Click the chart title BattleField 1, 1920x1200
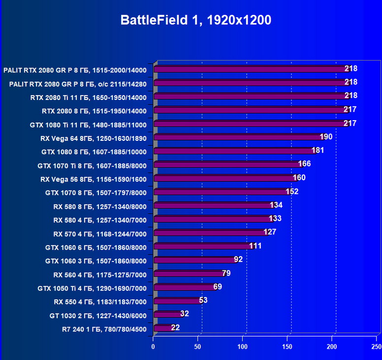pyautogui.click(x=196, y=20)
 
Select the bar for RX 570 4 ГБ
pyautogui.click(x=210, y=232)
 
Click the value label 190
pyautogui.click(x=326, y=137)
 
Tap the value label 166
pyautogui.click(x=305, y=164)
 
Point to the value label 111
pyautogui.click(x=255, y=246)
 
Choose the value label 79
pyautogui.click(x=226, y=273)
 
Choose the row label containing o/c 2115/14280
pyautogui.click(x=78, y=84)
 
